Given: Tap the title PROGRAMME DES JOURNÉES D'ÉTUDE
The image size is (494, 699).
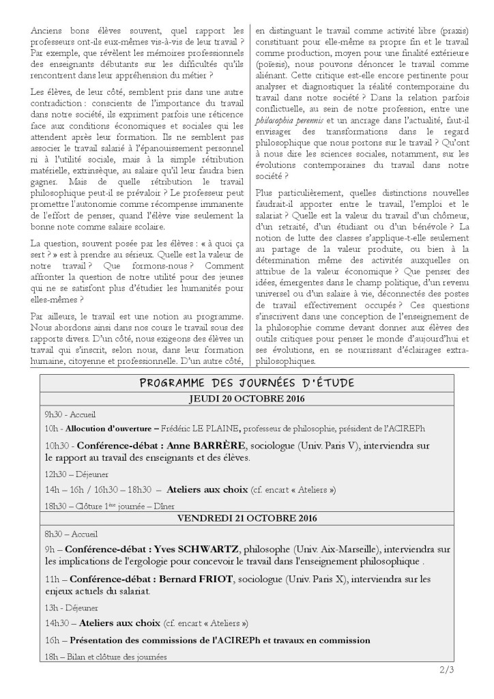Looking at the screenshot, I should pyautogui.click(x=246, y=383).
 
